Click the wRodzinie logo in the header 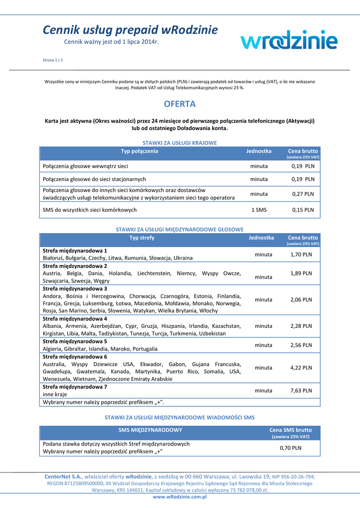pos(289,39)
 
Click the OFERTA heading pos(180,104)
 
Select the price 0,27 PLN pos(303,194)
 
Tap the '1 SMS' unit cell pos(259,210)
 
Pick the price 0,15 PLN pos(303,210)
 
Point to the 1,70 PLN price pos(301,254)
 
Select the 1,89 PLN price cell pos(301,273)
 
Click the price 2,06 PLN pos(301,300)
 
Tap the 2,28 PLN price pos(301,326)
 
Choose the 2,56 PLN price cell pos(301,345)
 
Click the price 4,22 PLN pos(301,368)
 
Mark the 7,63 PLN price pos(301,390)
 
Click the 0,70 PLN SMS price pos(290,448)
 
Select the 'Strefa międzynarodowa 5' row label pos(75,341)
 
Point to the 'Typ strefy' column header pos(142,238)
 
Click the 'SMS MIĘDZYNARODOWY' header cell pos(150,430)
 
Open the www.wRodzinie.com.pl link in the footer pos(180,497)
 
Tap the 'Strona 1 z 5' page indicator pos(53,60)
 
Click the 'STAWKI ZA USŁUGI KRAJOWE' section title pos(180,143)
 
